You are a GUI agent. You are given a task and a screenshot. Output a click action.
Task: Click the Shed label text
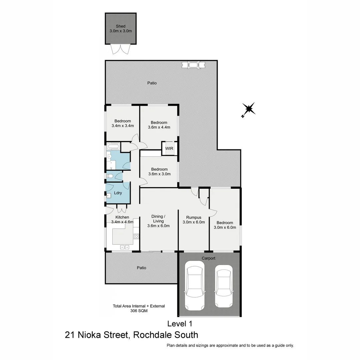coord(121,26)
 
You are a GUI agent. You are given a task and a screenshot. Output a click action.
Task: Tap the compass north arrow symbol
coord(248,109)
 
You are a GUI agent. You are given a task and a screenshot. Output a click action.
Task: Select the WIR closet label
coord(169,149)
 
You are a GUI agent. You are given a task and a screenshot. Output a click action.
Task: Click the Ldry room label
coord(118,193)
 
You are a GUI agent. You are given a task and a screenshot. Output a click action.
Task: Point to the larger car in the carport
coord(195,285)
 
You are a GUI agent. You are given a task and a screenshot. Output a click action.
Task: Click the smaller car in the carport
coord(223,286)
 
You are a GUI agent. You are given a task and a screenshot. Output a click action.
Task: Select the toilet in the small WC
coord(110,176)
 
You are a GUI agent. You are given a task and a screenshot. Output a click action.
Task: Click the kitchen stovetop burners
coord(136,236)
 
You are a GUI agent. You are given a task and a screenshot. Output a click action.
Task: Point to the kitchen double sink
coord(124,247)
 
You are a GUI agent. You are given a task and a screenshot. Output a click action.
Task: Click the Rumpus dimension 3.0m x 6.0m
coord(194,222)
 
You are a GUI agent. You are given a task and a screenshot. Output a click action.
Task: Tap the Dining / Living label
coord(158,219)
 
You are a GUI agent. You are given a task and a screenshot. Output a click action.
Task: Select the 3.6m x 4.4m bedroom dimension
coord(159,127)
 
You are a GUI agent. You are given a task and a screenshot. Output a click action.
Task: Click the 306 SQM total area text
coord(139,311)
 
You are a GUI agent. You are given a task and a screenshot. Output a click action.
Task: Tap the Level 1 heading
coord(180,323)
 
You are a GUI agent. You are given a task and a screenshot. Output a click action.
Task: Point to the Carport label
coord(209,258)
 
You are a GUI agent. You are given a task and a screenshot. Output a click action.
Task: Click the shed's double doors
coord(120,49)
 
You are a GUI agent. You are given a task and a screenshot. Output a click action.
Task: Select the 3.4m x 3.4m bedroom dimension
coord(123,126)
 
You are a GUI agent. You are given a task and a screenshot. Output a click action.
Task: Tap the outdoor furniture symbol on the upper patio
coord(193,65)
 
